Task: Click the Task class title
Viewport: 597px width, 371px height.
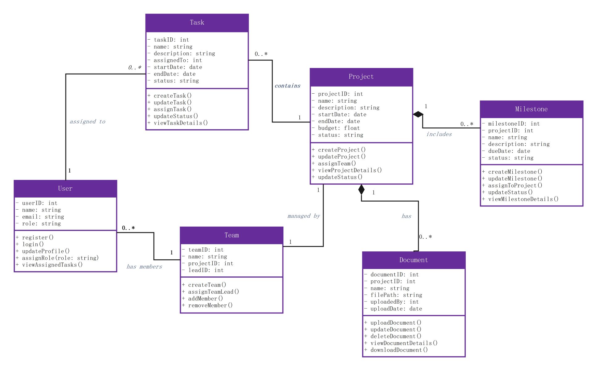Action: pyautogui.click(x=197, y=23)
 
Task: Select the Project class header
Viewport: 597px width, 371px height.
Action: pyautogui.click(x=361, y=77)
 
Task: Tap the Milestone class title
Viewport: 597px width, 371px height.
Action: pyautogui.click(x=531, y=109)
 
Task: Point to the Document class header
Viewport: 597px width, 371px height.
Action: pyautogui.click(x=414, y=260)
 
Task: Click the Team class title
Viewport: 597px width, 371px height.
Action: pyautogui.click(x=231, y=235)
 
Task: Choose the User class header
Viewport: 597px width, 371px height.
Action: pyautogui.click(x=66, y=189)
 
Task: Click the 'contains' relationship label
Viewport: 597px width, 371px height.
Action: pyautogui.click(x=287, y=86)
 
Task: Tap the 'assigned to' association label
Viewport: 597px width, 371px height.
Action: pyautogui.click(x=87, y=122)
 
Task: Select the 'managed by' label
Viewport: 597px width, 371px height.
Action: pyautogui.click(x=304, y=216)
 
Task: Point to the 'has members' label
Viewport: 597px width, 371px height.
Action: pyautogui.click(x=144, y=267)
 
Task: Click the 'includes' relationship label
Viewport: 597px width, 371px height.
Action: pyautogui.click(x=439, y=134)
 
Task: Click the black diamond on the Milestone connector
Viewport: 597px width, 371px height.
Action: pyautogui.click(x=418, y=114)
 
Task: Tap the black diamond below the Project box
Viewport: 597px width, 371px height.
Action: pyautogui.click(x=361, y=190)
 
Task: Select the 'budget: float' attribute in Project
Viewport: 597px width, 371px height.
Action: pyautogui.click(x=339, y=128)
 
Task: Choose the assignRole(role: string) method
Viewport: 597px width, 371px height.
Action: pyautogui.click(x=60, y=258)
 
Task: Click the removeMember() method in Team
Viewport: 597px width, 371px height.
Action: pyautogui.click(x=210, y=305)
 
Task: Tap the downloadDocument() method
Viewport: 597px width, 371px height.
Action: pyautogui.click(x=399, y=350)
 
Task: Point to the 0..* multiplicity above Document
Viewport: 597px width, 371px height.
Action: pyautogui.click(x=426, y=237)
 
